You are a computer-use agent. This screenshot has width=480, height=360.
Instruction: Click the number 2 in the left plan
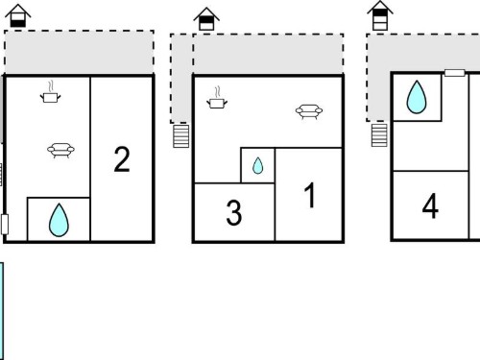click(122, 159)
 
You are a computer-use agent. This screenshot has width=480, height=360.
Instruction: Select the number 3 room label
click(234, 212)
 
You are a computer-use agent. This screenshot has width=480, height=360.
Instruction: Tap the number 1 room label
click(310, 195)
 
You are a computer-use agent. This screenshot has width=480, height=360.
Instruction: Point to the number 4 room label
click(430, 205)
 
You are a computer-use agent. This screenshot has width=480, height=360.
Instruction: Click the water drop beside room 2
click(59, 220)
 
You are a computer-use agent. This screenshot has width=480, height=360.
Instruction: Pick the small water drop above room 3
click(257, 165)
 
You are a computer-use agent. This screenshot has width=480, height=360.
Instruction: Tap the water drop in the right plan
click(417, 97)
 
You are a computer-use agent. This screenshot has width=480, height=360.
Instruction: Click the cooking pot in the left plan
click(50, 93)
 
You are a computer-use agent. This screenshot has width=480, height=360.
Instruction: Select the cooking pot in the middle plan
click(217, 98)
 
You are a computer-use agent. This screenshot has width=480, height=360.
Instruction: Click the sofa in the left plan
click(60, 150)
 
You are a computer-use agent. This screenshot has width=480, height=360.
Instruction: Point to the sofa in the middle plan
click(309, 111)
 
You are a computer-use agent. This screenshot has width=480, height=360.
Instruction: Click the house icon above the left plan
click(18, 15)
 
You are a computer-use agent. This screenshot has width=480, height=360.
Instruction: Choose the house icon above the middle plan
click(206, 19)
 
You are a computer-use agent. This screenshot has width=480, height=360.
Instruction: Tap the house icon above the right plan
click(380, 15)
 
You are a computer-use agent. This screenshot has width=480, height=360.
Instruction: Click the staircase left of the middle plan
click(181, 136)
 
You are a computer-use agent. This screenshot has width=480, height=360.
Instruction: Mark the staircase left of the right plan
click(379, 135)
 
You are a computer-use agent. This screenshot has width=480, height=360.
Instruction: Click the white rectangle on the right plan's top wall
click(455, 73)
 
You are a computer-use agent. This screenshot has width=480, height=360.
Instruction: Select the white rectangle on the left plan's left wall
click(5, 225)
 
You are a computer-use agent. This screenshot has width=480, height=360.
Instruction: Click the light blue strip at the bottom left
click(2, 311)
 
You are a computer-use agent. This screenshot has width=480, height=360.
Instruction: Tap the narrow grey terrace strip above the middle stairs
click(181, 78)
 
